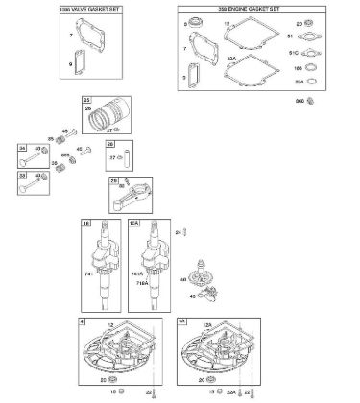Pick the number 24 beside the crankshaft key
click(178, 232)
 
